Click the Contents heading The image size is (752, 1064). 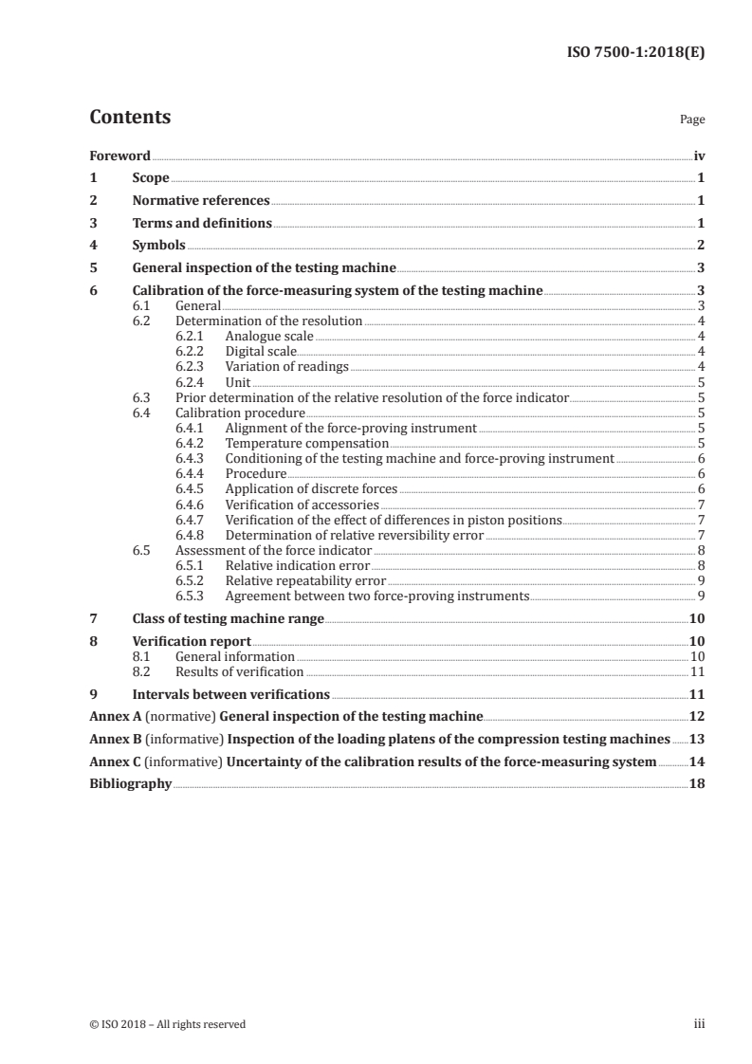130,118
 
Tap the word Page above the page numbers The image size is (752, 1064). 691,120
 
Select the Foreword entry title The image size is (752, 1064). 119,156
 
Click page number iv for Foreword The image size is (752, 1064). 699,156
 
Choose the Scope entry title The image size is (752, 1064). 151,178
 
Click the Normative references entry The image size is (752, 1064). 201,201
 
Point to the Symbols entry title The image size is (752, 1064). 158,246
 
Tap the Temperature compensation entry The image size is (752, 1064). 306,443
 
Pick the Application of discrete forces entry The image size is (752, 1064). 311,489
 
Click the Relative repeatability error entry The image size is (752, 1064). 305,580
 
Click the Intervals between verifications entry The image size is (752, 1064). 230,694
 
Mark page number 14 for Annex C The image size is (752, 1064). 697,761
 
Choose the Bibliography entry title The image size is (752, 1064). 130,784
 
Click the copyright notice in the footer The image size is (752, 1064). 167,1024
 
